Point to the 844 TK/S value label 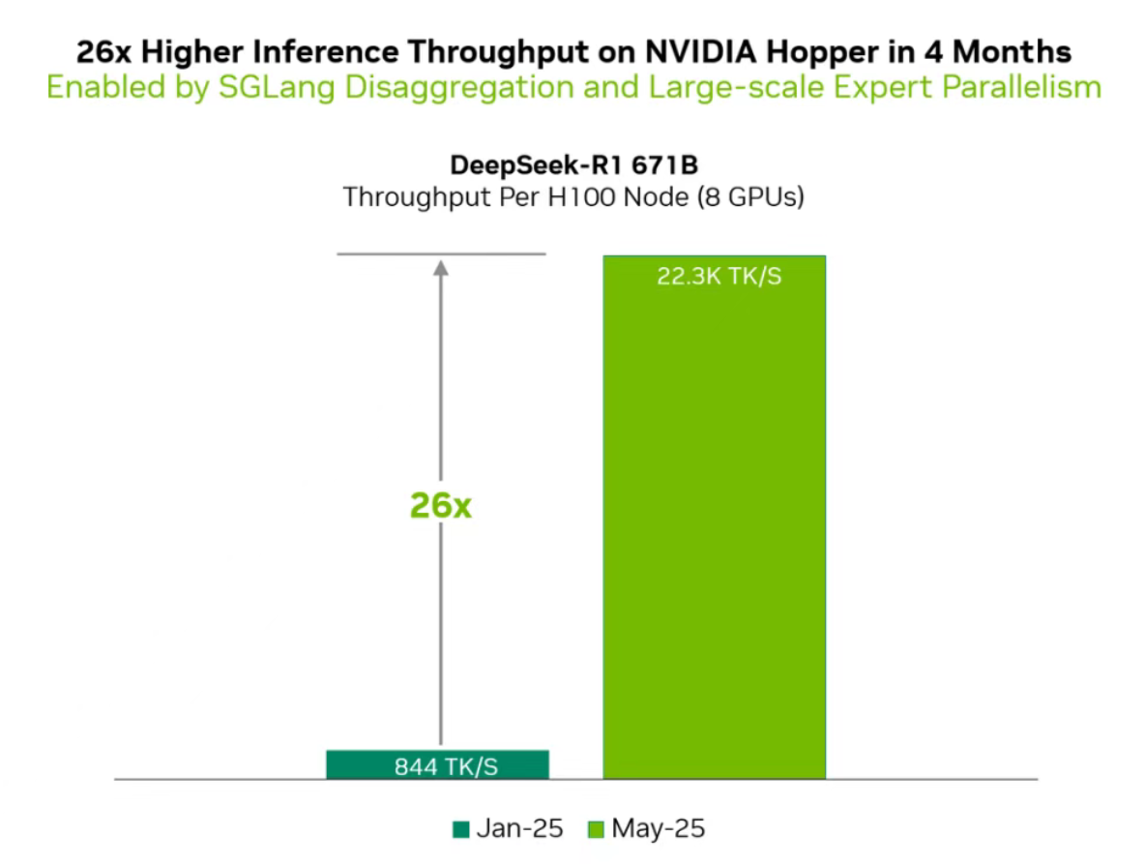[x=446, y=767]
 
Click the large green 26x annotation [x=440, y=504]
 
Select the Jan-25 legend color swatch [x=460, y=829]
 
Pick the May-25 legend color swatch [x=596, y=829]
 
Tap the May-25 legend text [x=659, y=829]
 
